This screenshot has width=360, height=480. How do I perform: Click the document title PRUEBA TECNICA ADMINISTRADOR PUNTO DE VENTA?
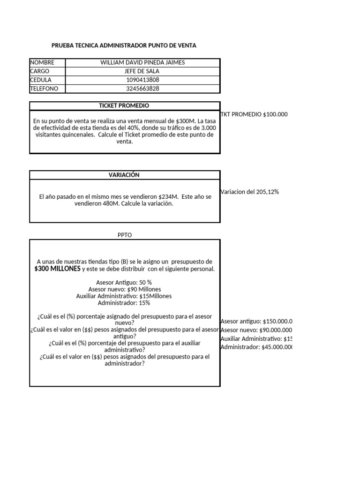tap(124, 45)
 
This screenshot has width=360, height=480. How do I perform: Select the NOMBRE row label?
tap(42, 62)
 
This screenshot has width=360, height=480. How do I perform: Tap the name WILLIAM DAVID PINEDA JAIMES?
tap(142, 62)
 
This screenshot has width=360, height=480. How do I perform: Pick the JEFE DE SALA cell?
tap(142, 71)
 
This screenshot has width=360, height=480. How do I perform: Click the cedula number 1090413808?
tap(142, 80)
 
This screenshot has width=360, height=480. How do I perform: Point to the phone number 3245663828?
tap(142, 89)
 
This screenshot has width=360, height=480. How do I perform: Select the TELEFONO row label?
tap(45, 89)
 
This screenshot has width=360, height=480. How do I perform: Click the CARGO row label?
tap(40, 71)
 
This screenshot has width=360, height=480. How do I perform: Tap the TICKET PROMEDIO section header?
tap(125, 106)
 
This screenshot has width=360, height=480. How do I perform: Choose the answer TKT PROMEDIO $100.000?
tap(254, 114)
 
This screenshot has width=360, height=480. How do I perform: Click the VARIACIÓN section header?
tap(125, 175)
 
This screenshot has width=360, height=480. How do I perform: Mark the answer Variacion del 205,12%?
tap(249, 192)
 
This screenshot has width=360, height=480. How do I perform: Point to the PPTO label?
tap(125, 235)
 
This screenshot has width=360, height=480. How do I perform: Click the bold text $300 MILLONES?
tap(57, 269)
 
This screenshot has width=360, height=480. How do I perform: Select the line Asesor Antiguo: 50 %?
tap(124, 283)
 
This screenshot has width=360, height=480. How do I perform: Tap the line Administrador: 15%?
tap(124, 303)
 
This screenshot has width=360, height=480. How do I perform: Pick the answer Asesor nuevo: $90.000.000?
tap(256, 330)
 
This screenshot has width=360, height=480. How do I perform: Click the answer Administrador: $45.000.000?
tap(256, 347)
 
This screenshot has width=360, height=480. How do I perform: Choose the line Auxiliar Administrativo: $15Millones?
tap(124, 296)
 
